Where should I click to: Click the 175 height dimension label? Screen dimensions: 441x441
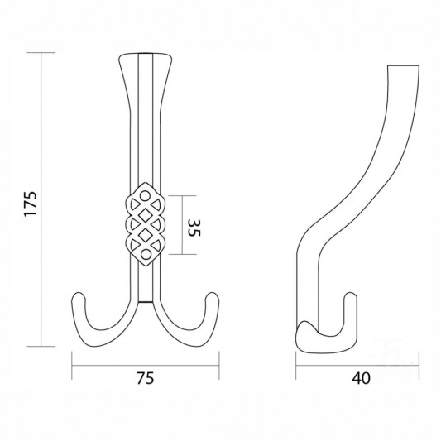click(31, 204)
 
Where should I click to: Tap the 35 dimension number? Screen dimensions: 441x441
click(194, 228)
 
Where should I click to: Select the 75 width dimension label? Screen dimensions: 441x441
click(146, 378)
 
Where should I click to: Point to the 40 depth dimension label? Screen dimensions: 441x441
click(361, 378)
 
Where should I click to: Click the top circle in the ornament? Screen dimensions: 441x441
click(145, 196)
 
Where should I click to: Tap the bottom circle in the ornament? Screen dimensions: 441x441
click(146, 255)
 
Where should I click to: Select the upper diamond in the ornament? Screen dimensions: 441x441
click(146, 216)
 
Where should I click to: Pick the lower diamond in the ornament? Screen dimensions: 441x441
click(146, 235)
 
